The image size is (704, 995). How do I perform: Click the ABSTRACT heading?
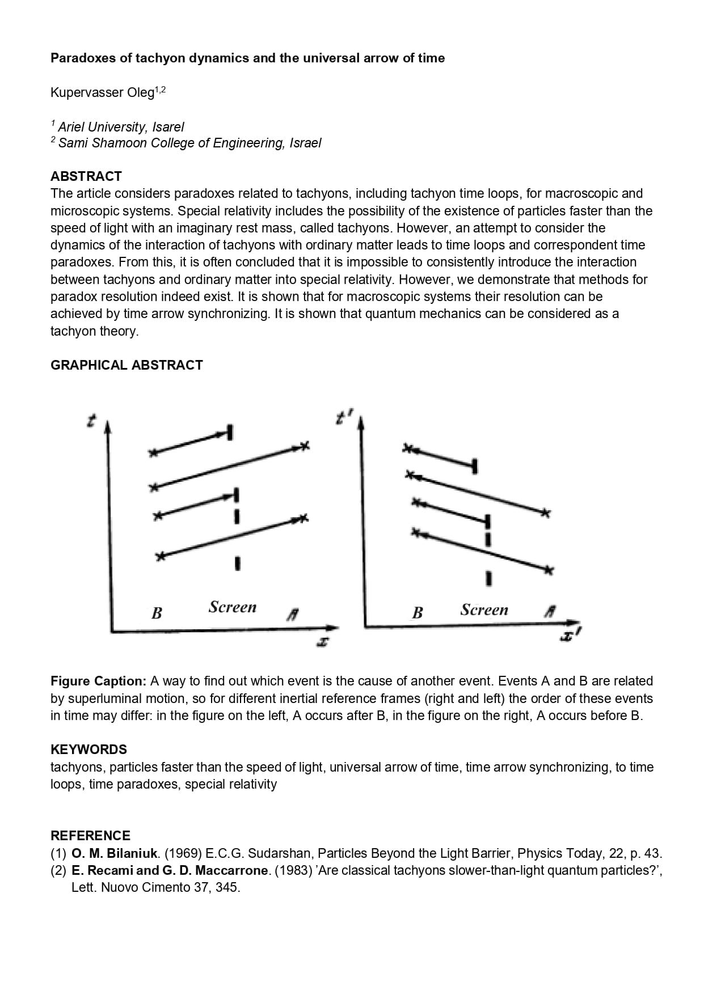pyautogui.click(x=86, y=176)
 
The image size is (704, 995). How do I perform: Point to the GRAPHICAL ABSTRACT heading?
pyautogui.click(x=127, y=365)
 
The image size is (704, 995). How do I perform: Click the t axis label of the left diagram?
pyautogui.click(x=90, y=421)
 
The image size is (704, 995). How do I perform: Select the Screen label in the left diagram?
pyautogui.click(x=232, y=607)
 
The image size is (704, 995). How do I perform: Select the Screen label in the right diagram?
pyautogui.click(x=484, y=610)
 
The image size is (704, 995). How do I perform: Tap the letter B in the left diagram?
pyautogui.click(x=157, y=613)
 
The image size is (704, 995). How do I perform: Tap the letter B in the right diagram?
pyautogui.click(x=418, y=612)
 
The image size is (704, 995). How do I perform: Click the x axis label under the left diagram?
pyautogui.click(x=323, y=642)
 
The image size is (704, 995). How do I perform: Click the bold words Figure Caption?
pyautogui.click(x=98, y=681)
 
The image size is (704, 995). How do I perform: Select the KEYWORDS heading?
pyautogui.click(x=88, y=750)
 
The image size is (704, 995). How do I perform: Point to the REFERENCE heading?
pyautogui.click(x=90, y=836)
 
